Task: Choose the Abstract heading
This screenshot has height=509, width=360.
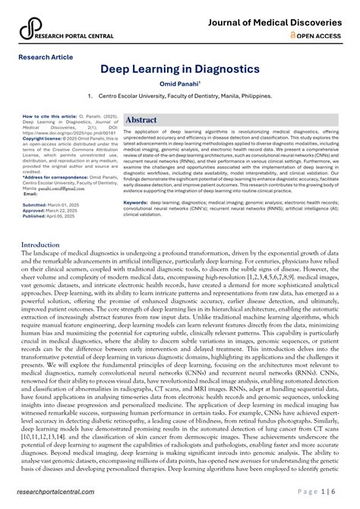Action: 141,120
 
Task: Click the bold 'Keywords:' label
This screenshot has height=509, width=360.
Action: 137,203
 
